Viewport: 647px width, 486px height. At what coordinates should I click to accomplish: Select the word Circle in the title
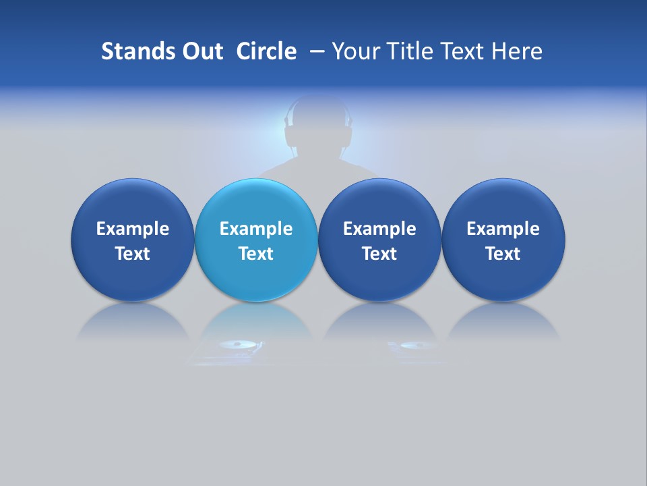[266, 51]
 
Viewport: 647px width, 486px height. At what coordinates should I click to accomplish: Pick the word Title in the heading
[410, 51]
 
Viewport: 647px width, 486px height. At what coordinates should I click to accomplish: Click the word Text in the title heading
[463, 51]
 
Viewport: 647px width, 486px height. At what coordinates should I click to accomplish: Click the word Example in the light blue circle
[256, 229]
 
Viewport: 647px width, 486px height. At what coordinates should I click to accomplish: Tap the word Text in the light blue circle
[256, 254]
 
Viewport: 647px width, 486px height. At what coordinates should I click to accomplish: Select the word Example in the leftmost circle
[133, 229]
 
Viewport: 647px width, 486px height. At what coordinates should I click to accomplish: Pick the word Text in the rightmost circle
[503, 254]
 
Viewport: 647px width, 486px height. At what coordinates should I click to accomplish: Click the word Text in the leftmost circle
[133, 254]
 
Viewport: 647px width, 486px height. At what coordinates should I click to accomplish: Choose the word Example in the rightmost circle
[503, 229]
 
